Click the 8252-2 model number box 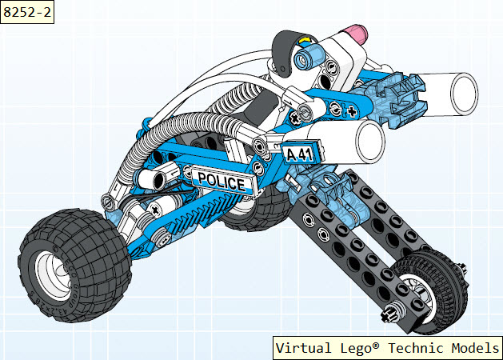pyautogui.click(x=27, y=12)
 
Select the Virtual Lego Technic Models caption pyautogui.click(x=388, y=348)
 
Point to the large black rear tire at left pyautogui.click(x=74, y=265)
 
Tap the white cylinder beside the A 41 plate pyautogui.click(x=346, y=141)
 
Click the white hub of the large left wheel pyautogui.click(x=54, y=276)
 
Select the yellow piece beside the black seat pyautogui.click(x=304, y=41)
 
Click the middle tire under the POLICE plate pyautogui.click(x=257, y=209)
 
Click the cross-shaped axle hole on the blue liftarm pyautogui.click(x=352, y=111)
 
